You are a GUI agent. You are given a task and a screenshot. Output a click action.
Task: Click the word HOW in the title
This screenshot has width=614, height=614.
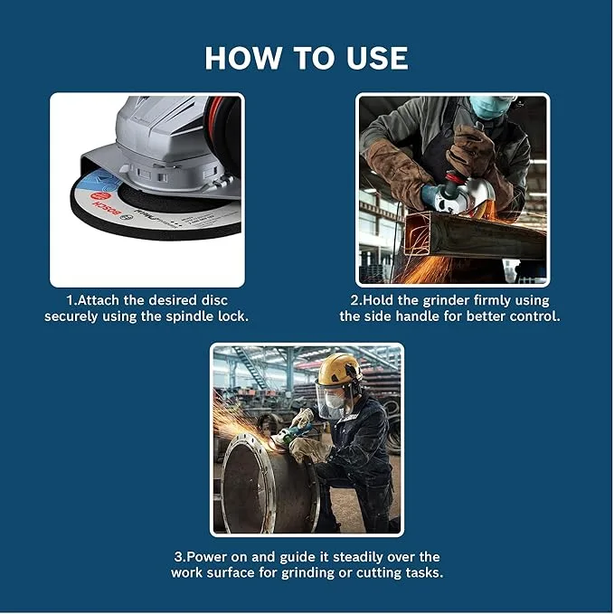pos(242,58)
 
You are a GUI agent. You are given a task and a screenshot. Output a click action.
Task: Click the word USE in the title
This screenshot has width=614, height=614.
pos(377,58)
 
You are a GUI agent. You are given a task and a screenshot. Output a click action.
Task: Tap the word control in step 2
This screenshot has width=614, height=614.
pos(535,316)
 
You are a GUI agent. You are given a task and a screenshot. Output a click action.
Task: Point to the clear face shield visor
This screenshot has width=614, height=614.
pos(331,399)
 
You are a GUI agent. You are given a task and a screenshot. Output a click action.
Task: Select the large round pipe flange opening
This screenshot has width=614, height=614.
pos(270,486)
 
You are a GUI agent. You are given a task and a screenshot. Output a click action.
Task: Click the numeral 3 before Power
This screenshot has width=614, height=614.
pos(178,557)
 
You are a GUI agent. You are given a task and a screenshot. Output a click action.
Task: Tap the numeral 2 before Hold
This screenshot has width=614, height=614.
pos(354,300)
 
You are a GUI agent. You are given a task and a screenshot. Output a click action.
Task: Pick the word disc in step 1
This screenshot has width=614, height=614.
pos(214,300)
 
